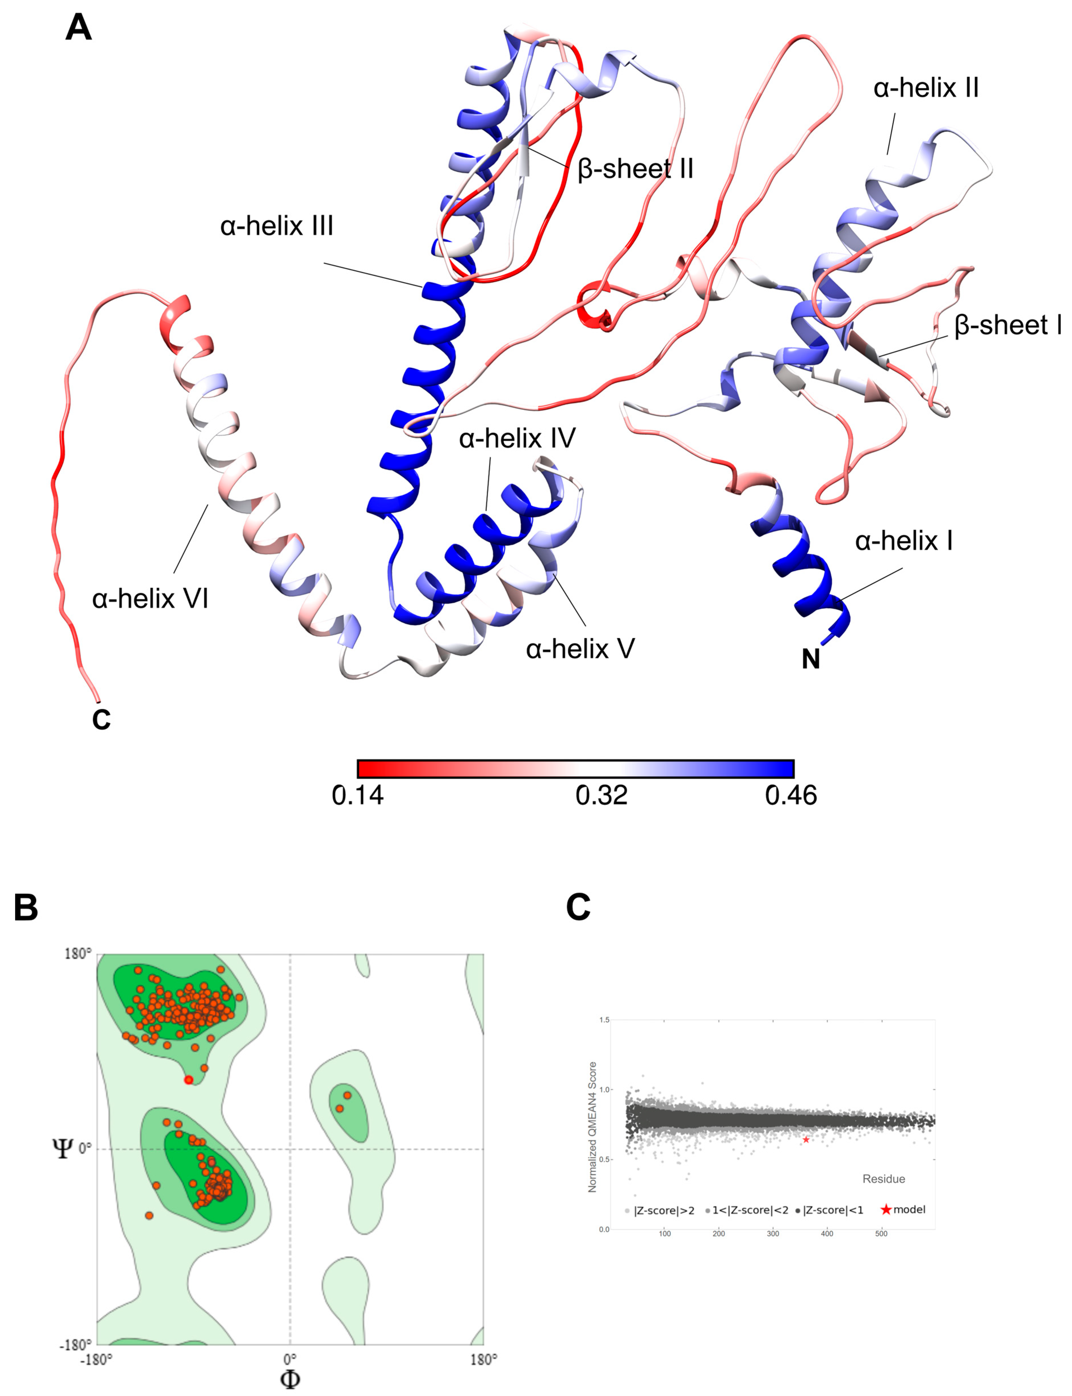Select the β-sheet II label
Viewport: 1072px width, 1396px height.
pos(635,169)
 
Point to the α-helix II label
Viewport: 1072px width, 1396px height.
pos(925,88)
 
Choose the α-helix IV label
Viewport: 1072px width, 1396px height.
pos(517,438)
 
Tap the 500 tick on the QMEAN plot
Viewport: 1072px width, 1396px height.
pos(881,1233)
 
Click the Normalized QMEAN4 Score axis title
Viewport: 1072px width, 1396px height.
pos(592,1126)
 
